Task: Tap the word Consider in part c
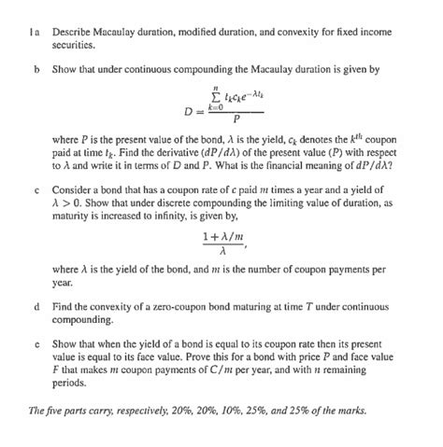pos(73,190)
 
